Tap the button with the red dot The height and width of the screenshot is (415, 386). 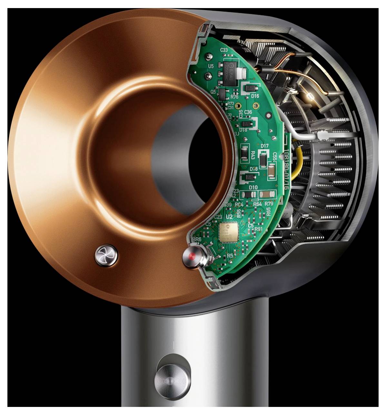(193, 257)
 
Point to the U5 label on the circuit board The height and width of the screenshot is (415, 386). (211, 66)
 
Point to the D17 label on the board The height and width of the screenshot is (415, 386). (264, 146)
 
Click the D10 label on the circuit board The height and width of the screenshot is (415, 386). (253, 187)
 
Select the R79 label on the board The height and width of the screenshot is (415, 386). (269, 204)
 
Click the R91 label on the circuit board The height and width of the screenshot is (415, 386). (259, 229)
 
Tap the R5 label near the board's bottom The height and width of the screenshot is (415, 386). (230, 255)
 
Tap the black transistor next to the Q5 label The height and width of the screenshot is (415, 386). (223, 94)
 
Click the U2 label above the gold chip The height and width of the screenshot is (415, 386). (229, 217)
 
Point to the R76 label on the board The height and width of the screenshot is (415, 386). (234, 97)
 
